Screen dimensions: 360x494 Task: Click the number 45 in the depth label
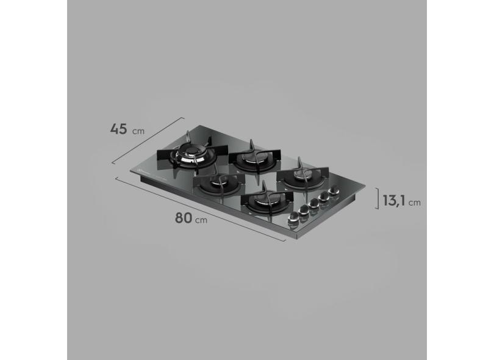click(x=118, y=129)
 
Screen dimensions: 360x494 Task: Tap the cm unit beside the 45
click(x=140, y=131)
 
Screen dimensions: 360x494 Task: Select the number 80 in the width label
click(x=184, y=218)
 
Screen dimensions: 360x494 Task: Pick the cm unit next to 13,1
click(x=415, y=202)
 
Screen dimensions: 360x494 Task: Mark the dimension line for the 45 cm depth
click(x=148, y=140)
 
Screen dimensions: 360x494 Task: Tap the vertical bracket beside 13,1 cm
click(x=377, y=198)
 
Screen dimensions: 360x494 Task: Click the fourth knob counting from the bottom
click(x=324, y=199)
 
